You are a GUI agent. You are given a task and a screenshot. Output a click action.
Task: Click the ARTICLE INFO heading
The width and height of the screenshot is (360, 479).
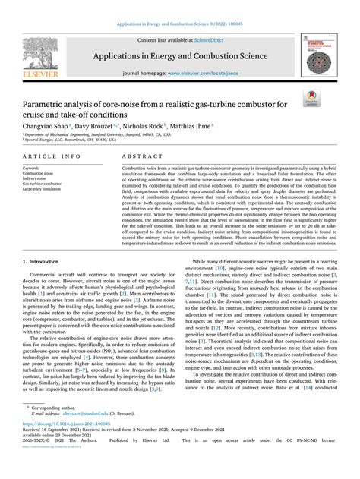(49, 155)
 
